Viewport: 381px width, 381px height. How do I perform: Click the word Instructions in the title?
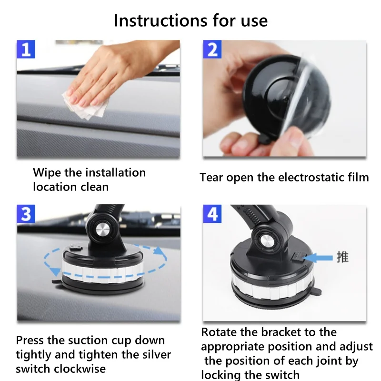160,20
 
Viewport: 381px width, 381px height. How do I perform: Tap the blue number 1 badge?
26,50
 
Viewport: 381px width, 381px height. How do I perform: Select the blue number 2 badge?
212,50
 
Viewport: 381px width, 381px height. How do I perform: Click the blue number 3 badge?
26,214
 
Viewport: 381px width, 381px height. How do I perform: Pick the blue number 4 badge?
212,214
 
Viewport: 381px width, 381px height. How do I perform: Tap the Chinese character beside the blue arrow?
342,257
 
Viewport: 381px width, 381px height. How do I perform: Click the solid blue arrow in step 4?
318,258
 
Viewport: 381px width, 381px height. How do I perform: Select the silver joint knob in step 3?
102,230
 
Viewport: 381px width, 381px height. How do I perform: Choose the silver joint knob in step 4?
266,241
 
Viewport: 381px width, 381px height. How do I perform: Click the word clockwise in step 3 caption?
80,369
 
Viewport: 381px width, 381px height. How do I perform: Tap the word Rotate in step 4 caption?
219,332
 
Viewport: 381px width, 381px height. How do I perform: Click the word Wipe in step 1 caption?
47,173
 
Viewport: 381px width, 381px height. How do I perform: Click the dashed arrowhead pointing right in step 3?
159,251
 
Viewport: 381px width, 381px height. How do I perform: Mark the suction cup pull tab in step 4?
317,291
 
